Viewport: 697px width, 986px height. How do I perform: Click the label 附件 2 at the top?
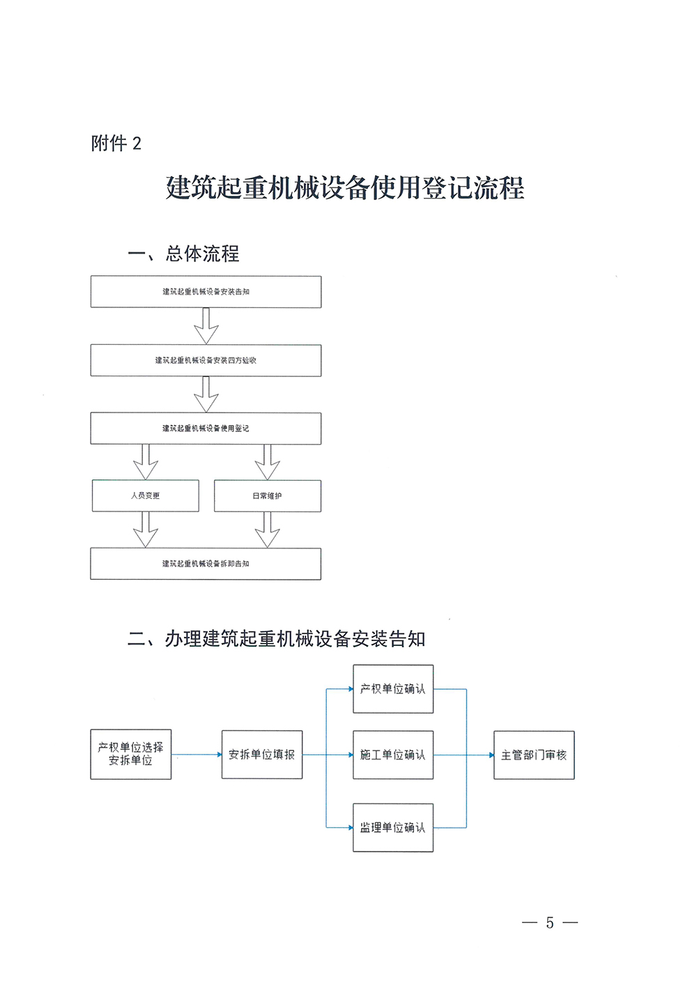(116, 144)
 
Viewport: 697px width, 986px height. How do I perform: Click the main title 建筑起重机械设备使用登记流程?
(345, 187)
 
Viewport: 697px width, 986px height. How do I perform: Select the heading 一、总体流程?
(183, 254)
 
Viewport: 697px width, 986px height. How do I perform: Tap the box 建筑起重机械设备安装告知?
(206, 292)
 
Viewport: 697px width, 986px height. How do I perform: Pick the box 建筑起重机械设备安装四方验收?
(206, 360)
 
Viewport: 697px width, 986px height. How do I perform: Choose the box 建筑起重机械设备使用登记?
(206, 429)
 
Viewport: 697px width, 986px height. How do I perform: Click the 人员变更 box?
(145, 495)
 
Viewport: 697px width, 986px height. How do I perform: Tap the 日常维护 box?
(267, 495)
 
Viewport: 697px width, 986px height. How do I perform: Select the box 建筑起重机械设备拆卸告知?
(206, 564)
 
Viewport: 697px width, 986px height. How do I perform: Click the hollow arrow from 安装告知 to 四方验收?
(206, 326)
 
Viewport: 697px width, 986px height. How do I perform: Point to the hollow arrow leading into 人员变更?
(146, 462)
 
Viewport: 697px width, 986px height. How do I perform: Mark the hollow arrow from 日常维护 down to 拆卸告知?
(267, 530)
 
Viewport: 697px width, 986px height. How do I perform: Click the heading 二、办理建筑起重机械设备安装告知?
(277, 639)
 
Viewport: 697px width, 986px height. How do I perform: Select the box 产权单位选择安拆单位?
(131, 755)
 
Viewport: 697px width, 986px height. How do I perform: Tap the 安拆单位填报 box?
(262, 755)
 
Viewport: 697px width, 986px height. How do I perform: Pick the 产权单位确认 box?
(393, 689)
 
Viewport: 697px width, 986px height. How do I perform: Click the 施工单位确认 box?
(393, 755)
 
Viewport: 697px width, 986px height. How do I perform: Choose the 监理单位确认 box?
(393, 828)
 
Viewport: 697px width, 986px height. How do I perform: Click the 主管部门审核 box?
(534, 755)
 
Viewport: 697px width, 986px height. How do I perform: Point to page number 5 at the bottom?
(550, 923)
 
